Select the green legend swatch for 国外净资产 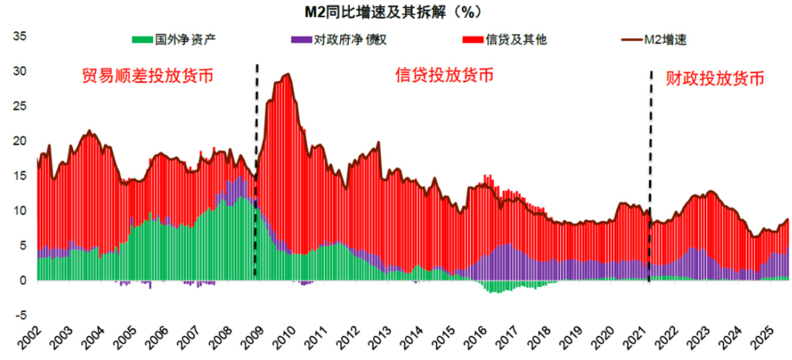point(142,40)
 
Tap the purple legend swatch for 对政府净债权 point(301,40)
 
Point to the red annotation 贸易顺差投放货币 point(148,77)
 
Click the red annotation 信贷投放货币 point(444,75)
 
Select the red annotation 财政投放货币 point(715,78)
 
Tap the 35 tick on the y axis point(20,36)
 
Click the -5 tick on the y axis point(21,315)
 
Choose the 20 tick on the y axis point(20,141)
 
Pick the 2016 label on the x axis point(474,339)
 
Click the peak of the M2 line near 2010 point(288,74)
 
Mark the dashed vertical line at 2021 point(650,181)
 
